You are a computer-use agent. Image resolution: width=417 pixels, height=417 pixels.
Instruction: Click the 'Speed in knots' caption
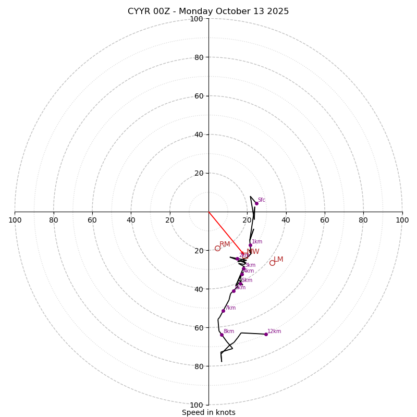click(208, 412)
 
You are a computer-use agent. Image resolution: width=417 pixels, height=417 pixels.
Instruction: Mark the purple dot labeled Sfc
click(256, 203)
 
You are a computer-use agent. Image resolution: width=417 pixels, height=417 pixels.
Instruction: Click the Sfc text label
click(262, 200)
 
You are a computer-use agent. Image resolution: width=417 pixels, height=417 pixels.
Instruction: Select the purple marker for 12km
click(266, 334)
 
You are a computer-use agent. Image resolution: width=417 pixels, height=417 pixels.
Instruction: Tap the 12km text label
click(274, 331)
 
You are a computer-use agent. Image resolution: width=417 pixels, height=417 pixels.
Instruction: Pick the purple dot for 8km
click(222, 335)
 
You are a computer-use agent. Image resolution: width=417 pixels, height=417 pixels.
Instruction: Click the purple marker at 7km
click(223, 311)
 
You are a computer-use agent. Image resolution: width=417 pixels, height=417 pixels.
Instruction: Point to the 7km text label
click(230, 308)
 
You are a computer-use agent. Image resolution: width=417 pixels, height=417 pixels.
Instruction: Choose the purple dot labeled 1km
click(250, 245)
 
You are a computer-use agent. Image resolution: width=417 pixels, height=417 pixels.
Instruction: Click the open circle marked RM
click(217, 248)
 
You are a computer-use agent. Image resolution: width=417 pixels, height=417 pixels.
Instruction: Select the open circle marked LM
click(272, 263)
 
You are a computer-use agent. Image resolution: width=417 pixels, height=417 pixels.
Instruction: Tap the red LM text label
click(279, 259)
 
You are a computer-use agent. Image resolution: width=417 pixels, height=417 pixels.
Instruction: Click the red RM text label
click(225, 244)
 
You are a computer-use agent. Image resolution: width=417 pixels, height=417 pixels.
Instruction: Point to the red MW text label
click(253, 251)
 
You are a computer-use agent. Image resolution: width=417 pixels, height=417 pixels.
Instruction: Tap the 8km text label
click(229, 331)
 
